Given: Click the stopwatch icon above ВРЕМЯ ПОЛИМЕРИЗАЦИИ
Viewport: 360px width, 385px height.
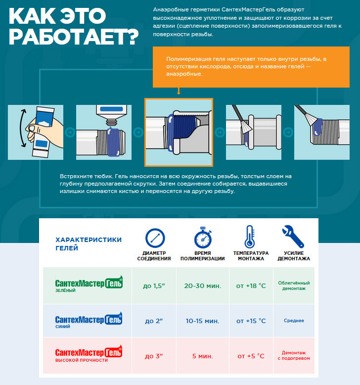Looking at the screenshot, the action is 203,238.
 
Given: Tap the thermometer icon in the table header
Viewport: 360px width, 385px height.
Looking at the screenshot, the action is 250,237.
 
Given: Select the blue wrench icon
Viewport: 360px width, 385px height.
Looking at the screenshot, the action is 293,237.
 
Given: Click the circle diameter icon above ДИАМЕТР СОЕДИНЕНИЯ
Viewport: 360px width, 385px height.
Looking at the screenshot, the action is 155,238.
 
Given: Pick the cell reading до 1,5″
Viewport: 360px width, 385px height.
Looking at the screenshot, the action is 154,286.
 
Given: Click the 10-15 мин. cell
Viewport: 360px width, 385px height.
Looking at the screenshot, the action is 202,321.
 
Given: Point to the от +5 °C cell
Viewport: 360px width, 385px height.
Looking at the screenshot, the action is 251,356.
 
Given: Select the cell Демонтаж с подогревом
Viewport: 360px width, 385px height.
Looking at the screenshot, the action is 294,355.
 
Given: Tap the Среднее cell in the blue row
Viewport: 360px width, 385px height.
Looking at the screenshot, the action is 294,321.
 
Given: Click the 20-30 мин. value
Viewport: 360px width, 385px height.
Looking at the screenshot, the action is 203,286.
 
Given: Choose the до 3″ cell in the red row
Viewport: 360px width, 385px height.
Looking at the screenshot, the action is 154,356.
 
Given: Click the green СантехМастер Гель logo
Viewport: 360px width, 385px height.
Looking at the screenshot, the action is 89,284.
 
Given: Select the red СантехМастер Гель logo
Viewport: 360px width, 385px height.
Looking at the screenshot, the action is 89,353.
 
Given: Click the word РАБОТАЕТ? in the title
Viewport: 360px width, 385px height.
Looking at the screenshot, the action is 74,37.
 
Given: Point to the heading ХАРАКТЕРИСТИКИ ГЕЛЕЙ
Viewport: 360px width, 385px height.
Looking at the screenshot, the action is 89,244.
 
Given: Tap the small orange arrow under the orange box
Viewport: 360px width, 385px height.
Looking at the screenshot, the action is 179,91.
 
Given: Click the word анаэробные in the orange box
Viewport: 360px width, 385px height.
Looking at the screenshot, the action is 184,74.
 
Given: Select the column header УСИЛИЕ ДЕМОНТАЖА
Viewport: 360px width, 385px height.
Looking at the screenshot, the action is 294,256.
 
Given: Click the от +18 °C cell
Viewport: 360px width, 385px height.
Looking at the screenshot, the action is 251,286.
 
